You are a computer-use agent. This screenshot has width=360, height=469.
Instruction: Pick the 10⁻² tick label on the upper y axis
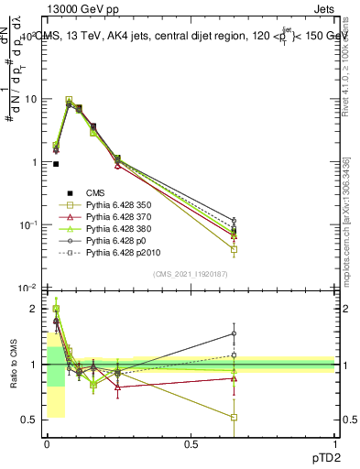(x=27, y=288)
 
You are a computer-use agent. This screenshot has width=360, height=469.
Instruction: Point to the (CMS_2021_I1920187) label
(x=191, y=273)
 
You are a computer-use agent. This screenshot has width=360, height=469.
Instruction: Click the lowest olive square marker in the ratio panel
(x=235, y=418)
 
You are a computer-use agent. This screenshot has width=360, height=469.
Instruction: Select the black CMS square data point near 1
(x=57, y=164)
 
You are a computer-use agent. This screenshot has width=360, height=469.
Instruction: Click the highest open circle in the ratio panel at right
(x=235, y=333)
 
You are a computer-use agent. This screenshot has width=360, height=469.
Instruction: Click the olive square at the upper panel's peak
(x=69, y=101)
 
